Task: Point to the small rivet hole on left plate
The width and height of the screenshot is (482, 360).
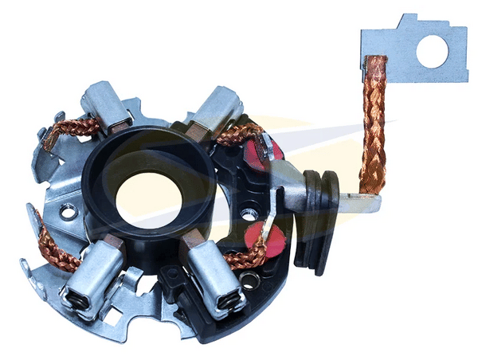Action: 69,213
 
